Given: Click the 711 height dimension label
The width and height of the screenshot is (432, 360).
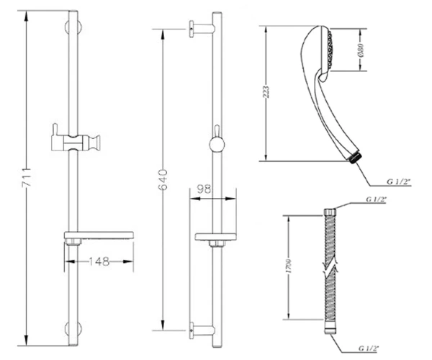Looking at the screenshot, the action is (27, 177).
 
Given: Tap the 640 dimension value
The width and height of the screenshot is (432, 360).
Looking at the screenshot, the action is (163, 180).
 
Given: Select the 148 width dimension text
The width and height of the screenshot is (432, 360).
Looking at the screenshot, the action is (99, 261).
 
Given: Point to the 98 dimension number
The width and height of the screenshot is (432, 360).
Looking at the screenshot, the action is (204, 189).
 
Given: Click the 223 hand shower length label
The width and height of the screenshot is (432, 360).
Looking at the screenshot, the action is (266, 92).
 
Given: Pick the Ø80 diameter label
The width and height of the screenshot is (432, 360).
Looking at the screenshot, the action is (361, 50).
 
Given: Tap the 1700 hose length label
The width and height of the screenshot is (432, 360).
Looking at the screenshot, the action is (289, 266).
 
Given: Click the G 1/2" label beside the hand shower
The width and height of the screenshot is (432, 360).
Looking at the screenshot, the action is (399, 181).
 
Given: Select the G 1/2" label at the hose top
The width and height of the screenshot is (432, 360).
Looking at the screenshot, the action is (376, 199).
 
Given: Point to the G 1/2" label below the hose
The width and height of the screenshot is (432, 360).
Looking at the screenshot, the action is (369, 348).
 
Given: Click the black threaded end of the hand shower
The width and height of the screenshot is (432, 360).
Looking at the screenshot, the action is (354, 158).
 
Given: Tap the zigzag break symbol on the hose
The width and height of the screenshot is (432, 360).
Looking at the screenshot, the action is (330, 266).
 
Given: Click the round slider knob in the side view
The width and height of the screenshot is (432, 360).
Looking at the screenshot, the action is (217, 145).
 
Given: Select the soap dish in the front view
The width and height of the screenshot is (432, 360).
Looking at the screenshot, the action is (99, 235).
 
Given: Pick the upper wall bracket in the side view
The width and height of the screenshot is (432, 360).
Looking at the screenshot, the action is (201, 28).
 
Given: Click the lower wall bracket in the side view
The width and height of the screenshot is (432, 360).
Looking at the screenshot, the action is (201, 330).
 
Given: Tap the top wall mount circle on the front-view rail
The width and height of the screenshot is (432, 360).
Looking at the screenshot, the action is (73, 27).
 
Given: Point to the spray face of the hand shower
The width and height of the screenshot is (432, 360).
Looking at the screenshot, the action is (330, 49).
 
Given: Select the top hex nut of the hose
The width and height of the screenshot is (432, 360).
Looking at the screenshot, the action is (330, 212).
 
